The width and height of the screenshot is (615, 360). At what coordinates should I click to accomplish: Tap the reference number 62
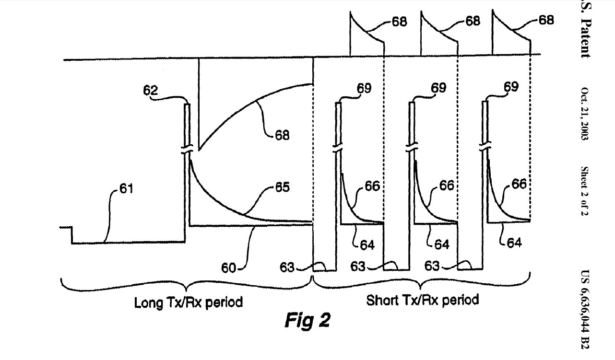pyautogui.click(x=149, y=90)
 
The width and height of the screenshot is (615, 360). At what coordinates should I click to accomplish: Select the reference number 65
pyautogui.click(x=282, y=187)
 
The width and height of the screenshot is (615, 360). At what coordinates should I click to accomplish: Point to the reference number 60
pyautogui.click(x=229, y=267)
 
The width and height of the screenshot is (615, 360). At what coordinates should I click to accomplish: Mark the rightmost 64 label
pyautogui.click(x=514, y=243)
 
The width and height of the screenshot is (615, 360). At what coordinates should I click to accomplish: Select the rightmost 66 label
pyautogui.click(x=519, y=184)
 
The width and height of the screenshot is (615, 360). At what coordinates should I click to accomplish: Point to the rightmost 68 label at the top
pyautogui.click(x=545, y=20)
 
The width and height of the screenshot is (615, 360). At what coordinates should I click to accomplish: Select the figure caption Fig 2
pyautogui.click(x=307, y=320)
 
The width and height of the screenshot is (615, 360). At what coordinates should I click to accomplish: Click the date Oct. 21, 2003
pyautogui.click(x=585, y=114)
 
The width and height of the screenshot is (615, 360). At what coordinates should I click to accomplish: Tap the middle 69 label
pyautogui.click(x=438, y=88)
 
